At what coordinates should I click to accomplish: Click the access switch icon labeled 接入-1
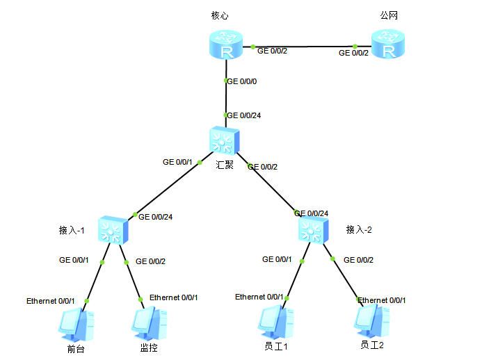click(x=113, y=230)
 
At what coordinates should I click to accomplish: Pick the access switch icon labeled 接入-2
click(x=314, y=229)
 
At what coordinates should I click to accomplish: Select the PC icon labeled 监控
click(x=150, y=323)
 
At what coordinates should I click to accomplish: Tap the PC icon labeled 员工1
click(x=275, y=322)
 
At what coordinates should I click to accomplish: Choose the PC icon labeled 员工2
click(x=372, y=320)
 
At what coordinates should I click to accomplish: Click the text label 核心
click(x=220, y=15)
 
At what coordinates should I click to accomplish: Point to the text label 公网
click(x=389, y=15)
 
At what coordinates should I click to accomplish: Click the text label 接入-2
click(x=359, y=229)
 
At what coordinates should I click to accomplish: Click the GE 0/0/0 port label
click(x=242, y=81)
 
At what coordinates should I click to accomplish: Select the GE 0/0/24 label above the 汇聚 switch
click(x=244, y=115)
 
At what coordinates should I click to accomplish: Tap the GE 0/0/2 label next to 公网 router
click(x=353, y=53)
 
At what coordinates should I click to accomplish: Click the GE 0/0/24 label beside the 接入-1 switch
click(x=156, y=217)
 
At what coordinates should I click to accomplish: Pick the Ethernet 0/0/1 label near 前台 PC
click(x=51, y=301)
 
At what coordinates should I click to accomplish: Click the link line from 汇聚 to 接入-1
click(x=170, y=186)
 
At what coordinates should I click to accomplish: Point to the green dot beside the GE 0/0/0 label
click(x=225, y=81)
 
